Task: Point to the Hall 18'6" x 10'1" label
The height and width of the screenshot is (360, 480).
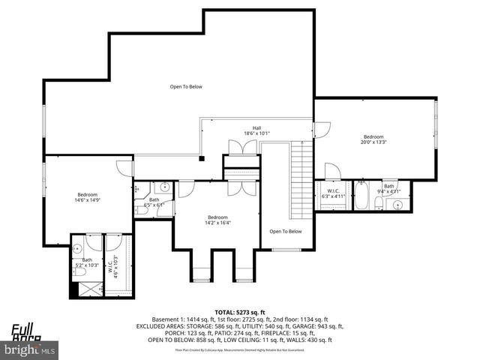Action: [x=256, y=130]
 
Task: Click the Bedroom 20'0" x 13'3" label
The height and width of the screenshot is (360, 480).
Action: [x=373, y=139]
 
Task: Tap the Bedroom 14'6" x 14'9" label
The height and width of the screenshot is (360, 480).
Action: [x=88, y=197]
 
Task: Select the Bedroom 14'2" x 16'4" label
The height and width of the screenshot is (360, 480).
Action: [x=218, y=220]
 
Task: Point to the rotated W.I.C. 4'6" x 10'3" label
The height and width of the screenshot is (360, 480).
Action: [x=115, y=264]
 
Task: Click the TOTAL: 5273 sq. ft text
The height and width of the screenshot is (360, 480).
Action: [x=239, y=311]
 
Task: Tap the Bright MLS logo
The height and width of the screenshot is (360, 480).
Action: [x=31, y=349]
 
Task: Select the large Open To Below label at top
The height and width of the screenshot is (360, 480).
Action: [x=185, y=87]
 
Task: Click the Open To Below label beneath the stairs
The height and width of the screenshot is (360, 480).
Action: [x=286, y=231]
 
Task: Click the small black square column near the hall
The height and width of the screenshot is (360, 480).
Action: [x=201, y=157]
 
